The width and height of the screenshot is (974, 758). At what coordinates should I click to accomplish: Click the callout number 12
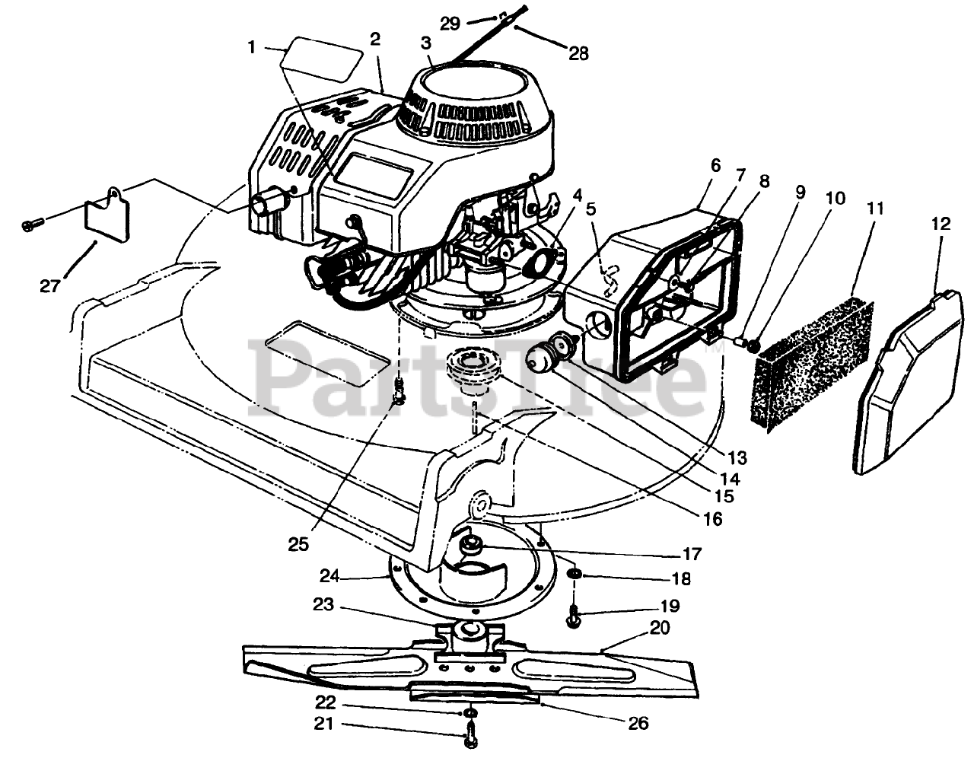(941, 225)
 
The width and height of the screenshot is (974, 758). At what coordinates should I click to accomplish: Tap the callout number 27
(51, 286)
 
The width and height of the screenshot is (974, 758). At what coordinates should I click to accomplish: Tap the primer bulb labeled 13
(566, 351)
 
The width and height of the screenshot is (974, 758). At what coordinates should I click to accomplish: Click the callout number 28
(578, 53)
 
